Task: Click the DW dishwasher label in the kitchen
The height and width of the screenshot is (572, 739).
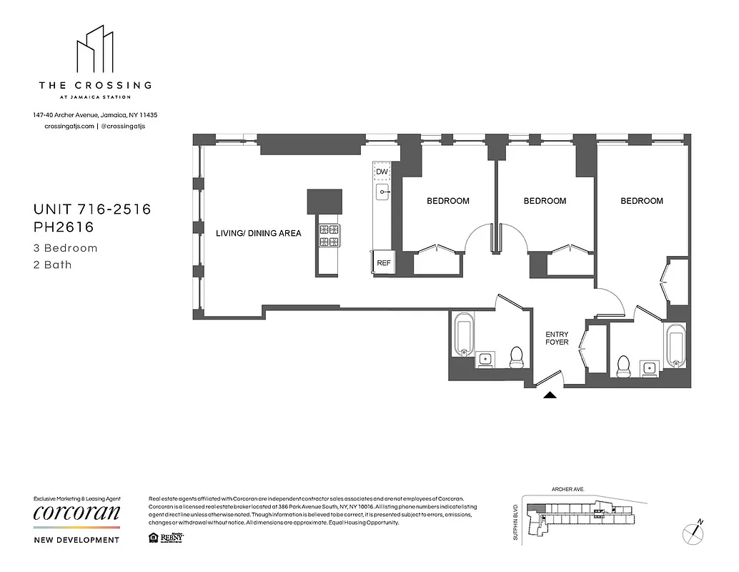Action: [x=382, y=172]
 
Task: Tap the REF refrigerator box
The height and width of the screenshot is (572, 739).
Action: [x=383, y=263]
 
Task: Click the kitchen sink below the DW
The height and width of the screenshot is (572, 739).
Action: [x=382, y=192]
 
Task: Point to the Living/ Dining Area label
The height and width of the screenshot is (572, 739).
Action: [x=259, y=233]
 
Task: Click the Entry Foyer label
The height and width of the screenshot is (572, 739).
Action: [x=557, y=337]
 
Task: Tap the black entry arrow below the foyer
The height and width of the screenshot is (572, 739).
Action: [x=550, y=394]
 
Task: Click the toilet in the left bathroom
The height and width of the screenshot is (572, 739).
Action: [x=517, y=357]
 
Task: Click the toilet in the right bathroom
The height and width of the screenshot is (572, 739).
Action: [x=623, y=366]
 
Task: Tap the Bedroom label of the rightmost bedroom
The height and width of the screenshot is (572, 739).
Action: [x=642, y=201]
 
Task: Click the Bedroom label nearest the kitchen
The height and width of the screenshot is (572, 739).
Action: [x=448, y=201]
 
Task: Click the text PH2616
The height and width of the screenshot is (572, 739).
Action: [x=65, y=227]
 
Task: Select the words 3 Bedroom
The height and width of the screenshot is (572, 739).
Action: [x=66, y=249]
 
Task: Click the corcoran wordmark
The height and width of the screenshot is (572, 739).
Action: [x=77, y=513]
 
